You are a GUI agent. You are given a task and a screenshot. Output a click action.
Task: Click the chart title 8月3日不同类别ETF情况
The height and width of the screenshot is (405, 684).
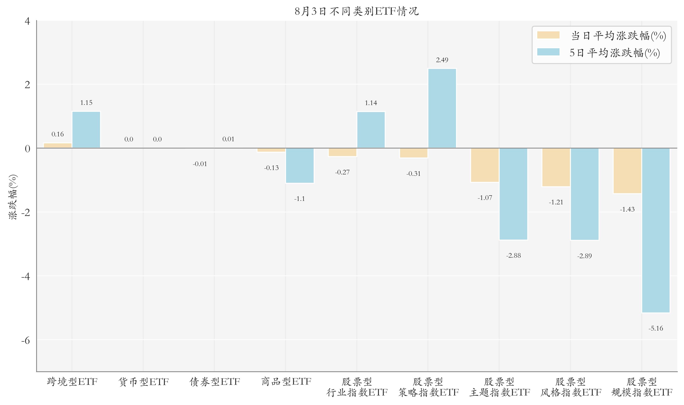356,11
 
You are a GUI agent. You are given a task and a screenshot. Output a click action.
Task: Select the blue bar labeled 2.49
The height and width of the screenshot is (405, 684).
442,108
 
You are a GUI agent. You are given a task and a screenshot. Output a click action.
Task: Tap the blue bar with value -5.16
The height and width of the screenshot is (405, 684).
656,230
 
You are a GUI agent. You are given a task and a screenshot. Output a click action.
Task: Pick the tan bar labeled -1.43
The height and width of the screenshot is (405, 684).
627,171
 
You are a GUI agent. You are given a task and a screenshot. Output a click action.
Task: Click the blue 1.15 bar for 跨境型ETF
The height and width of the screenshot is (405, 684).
86,130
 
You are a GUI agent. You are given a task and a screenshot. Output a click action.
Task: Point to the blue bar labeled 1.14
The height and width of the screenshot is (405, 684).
371,130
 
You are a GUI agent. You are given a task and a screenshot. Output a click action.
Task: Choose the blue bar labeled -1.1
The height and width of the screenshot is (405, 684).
300,166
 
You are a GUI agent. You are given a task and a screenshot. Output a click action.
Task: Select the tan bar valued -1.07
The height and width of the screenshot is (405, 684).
485,165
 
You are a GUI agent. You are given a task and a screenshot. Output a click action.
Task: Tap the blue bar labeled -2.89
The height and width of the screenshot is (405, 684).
585,194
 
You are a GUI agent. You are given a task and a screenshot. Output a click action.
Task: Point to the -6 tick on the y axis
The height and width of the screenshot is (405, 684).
26,340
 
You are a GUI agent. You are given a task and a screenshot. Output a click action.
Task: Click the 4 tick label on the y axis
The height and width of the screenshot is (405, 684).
27,21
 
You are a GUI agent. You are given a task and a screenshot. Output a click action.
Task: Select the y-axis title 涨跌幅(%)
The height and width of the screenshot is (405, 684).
13,197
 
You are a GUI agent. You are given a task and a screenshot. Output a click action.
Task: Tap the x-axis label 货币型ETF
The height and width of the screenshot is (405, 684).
143,382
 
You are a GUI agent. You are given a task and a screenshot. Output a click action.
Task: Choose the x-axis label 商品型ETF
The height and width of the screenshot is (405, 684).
286,382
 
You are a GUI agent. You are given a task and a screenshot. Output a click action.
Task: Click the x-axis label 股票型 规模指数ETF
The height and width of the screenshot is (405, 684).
642,387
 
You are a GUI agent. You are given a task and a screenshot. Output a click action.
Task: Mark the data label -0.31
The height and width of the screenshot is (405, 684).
413,174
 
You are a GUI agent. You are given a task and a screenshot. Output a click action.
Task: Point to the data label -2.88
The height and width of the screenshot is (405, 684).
513,256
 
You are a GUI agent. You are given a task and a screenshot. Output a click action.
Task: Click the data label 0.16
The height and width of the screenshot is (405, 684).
58,134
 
